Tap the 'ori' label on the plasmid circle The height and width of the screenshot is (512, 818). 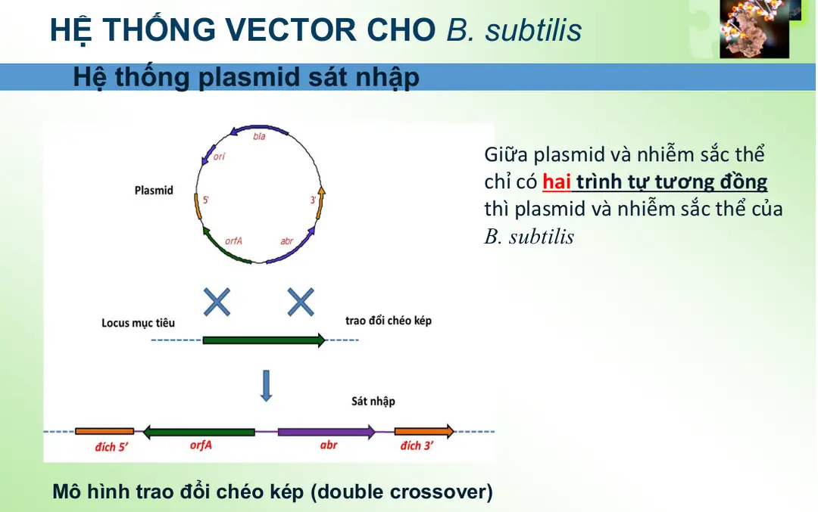220,157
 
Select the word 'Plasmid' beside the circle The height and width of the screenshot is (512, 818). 154,191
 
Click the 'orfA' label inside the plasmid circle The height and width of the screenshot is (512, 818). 233,240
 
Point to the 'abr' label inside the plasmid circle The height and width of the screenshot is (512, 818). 287,240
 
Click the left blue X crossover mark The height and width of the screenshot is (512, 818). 217,303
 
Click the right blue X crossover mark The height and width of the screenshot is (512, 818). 301,303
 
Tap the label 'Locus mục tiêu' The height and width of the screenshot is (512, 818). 138,323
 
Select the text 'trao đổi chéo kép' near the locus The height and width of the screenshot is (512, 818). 388,321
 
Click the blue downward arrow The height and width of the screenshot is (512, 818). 265,385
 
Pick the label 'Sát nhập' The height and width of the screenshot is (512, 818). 373,401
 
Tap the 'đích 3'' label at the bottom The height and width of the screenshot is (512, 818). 417,446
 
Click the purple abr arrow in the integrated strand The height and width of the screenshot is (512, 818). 326,432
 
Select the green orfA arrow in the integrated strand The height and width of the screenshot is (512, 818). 199,432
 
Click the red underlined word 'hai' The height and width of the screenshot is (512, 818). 556,182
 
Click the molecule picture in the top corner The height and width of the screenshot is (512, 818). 754,29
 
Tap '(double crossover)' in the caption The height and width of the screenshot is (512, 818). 401,492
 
